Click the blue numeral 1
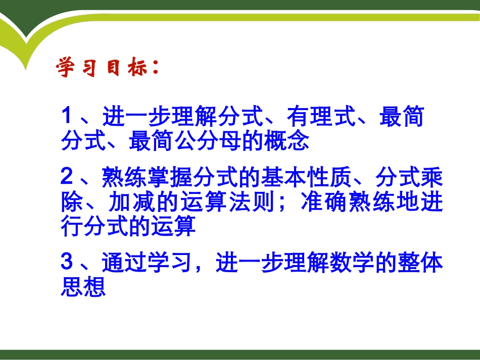67,117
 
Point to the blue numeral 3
67,263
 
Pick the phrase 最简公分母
185,141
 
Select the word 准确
321,202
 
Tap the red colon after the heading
155,68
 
